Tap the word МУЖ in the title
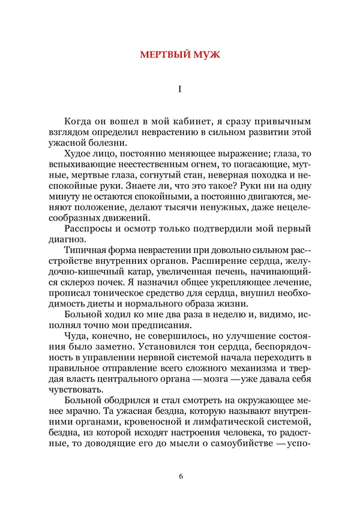(x=208, y=55)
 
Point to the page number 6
(x=180, y=476)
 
